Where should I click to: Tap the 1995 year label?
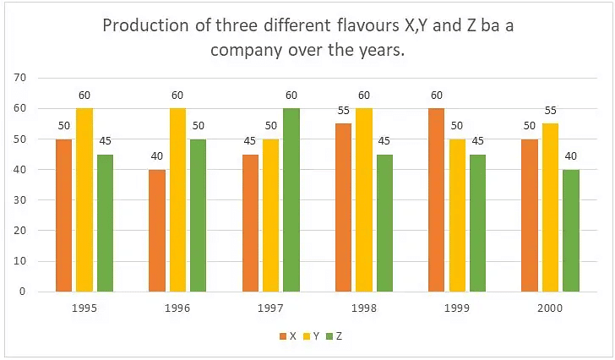click(x=84, y=309)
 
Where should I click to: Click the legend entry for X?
click(x=287, y=335)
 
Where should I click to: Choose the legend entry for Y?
click(x=313, y=335)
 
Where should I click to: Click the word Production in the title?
click(x=144, y=25)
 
